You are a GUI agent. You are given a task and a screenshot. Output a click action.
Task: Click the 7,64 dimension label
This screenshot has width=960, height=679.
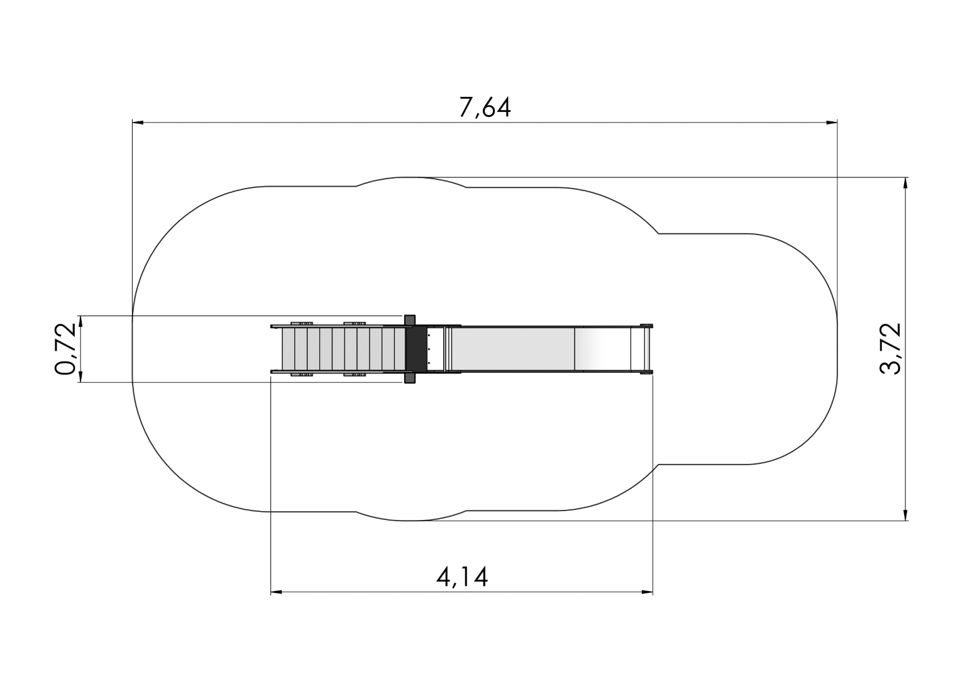click(x=485, y=107)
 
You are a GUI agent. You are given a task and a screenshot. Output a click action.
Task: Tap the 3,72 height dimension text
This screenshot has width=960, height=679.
click(x=890, y=349)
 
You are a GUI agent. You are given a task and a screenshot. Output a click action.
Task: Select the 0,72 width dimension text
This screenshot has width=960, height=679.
click(x=65, y=349)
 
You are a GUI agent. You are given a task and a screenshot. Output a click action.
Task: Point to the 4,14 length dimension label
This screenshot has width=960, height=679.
click(x=462, y=577)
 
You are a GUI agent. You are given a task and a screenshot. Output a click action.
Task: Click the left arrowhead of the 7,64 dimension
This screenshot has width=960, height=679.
click(x=138, y=123)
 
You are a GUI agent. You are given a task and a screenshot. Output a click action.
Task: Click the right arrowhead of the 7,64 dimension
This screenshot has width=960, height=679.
click(x=832, y=123)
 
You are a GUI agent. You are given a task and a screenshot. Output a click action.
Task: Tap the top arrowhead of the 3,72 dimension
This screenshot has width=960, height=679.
click(x=905, y=183)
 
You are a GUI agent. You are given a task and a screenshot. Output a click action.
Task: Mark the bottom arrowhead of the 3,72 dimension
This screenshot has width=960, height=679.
click(x=905, y=515)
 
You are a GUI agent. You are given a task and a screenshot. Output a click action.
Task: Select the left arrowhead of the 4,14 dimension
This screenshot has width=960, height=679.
click(x=277, y=592)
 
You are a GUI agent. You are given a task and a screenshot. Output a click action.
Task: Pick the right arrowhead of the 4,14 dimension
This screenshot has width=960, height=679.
click(x=647, y=592)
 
